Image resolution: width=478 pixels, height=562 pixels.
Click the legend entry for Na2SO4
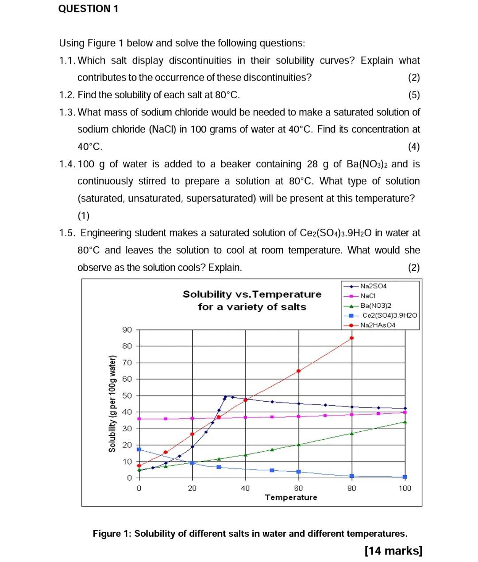point(373,286)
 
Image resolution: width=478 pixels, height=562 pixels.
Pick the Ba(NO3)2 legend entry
point(375,306)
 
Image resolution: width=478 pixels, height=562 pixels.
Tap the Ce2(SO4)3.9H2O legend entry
point(389,315)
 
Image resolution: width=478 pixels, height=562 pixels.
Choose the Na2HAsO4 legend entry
point(378,325)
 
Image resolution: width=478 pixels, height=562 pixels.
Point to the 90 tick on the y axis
point(127,329)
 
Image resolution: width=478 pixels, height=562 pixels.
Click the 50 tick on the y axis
point(127,395)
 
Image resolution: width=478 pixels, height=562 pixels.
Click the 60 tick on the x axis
point(299,488)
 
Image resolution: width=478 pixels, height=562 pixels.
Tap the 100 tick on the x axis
point(405,488)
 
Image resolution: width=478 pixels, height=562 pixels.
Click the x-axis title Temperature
point(291,497)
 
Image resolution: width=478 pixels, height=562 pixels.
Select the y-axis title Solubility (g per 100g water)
point(112,404)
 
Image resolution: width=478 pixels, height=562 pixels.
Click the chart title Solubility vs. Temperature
point(252,295)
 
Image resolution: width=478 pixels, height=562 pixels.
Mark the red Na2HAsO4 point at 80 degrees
point(352,338)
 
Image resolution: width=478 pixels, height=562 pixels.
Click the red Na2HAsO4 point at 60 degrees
point(299,371)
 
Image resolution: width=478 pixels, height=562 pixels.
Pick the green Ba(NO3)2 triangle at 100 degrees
point(405,422)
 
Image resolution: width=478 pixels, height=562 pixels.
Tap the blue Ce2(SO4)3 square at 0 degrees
point(139,449)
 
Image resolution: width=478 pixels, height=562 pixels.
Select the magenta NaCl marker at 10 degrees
point(166,419)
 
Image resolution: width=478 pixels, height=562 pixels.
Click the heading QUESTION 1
point(89,9)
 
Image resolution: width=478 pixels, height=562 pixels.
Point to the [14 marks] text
point(393,550)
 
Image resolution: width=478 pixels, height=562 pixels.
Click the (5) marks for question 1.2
point(414,95)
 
